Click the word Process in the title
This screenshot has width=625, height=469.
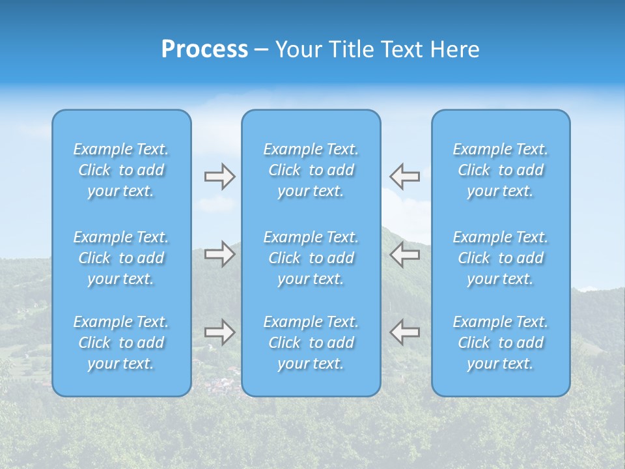click(x=204, y=50)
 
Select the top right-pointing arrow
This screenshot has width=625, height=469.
click(x=219, y=177)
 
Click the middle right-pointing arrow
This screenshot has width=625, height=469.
click(x=219, y=254)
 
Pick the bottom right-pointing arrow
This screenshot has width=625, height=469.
click(x=219, y=332)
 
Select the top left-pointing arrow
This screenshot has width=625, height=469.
click(x=404, y=177)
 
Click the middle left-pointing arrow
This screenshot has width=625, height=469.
click(x=404, y=254)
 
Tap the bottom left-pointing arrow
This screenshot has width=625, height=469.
click(x=404, y=332)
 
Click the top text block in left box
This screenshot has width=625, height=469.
click(x=121, y=170)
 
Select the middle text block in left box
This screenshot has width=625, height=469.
click(x=121, y=258)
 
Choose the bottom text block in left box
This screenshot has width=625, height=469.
click(x=121, y=343)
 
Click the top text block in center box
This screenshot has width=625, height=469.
click(x=311, y=170)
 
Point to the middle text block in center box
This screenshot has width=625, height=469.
click(x=311, y=258)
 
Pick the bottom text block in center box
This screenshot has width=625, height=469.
click(x=311, y=343)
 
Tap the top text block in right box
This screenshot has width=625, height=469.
click(x=501, y=170)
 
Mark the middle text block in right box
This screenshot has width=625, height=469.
click(x=501, y=258)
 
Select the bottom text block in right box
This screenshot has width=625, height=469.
click(x=501, y=343)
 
